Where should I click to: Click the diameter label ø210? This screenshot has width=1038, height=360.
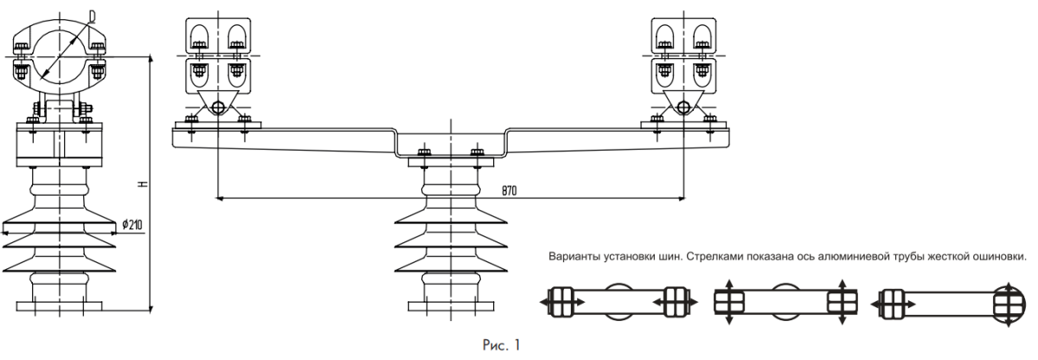[x=132, y=225]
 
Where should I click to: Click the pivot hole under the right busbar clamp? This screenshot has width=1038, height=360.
[x=683, y=108]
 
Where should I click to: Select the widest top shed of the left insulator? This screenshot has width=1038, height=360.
[x=59, y=228]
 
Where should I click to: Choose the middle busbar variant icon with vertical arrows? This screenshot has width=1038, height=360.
[x=784, y=300]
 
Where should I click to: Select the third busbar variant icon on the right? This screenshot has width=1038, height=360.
[x=950, y=300]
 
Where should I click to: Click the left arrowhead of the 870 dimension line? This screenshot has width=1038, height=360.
[x=220, y=199]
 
